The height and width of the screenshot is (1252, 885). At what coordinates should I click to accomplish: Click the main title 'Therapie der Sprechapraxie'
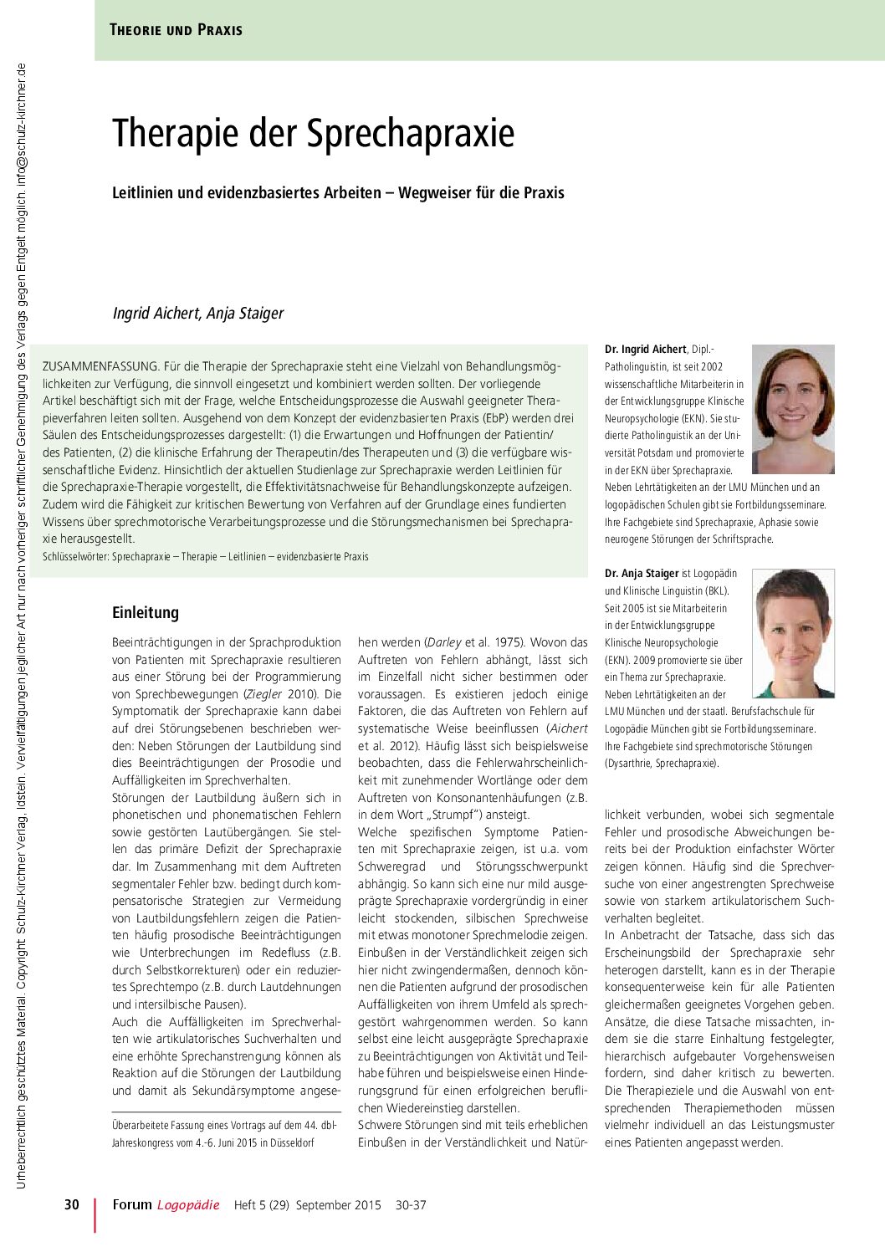(313, 134)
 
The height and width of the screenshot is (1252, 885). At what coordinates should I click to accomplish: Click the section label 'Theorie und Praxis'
(176, 30)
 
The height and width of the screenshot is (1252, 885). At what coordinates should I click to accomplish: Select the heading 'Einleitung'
(146, 612)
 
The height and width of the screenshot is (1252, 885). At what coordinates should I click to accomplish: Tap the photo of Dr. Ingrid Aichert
(793, 409)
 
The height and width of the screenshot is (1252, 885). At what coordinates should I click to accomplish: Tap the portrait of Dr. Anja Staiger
(793, 633)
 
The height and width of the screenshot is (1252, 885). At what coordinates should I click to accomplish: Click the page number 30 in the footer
(72, 1205)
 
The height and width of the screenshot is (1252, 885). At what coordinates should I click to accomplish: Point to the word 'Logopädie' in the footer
(188, 1205)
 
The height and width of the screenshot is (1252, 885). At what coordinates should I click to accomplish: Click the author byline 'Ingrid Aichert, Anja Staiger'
(198, 314)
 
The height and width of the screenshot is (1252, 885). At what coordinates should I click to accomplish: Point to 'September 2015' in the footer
(338, 1205)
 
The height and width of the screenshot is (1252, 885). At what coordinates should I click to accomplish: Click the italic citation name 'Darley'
(443, 642)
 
